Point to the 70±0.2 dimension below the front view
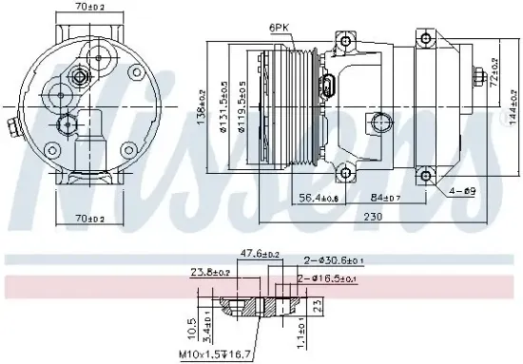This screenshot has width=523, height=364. [93, 220]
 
